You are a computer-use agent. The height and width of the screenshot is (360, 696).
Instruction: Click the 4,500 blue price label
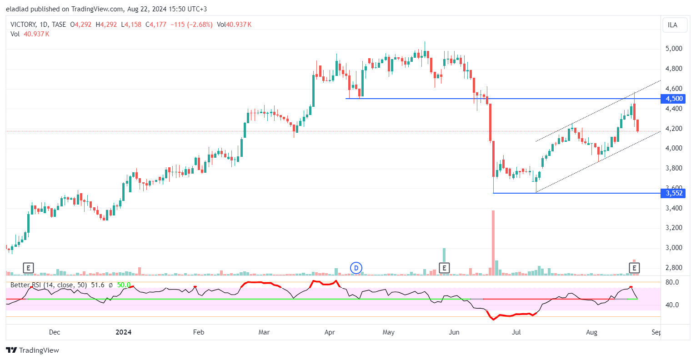pos(674,99)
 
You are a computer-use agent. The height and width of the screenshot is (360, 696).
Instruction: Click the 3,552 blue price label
pos(674,193)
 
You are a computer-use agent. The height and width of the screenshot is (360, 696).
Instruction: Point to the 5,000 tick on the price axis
pos(674,49)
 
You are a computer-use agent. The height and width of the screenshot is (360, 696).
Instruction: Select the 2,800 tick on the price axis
pos(674,268)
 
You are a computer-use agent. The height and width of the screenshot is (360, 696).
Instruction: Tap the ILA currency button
pos(672,25)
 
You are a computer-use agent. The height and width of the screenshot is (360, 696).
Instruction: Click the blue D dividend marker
pos(356,268)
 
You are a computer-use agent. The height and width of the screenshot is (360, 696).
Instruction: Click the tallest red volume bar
pos(493,241)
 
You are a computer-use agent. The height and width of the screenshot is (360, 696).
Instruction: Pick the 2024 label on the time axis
pos(123,332)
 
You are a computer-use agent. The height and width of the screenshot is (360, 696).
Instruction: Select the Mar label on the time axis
pos(264,332)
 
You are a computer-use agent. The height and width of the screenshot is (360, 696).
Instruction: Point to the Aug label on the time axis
pos(591,332)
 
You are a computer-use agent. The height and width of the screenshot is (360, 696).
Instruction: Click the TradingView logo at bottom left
pos(32,350)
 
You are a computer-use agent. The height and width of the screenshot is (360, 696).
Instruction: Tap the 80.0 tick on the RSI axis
pos(672,282)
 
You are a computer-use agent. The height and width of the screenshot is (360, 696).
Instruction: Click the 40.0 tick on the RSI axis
pos(672,305)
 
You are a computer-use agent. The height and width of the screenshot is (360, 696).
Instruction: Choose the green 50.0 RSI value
pos(124,285)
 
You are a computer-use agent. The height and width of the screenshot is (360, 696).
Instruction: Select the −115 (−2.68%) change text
pos(191,25)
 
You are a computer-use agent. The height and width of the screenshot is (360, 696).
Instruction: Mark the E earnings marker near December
pos(28,268)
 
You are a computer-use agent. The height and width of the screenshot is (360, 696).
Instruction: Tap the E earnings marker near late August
pos(634,268)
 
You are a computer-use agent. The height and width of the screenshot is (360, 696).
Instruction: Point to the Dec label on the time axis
pos(55,332)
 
